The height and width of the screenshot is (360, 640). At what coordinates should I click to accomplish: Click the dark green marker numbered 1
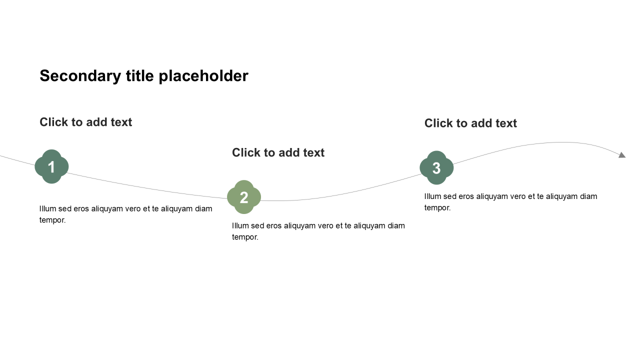click(51, 166)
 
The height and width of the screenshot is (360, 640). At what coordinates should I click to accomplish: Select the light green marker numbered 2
click(244, 197)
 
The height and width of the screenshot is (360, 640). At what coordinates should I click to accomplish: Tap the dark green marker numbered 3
click(436, 167)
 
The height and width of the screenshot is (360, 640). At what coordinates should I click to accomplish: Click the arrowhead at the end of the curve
click(622, 155)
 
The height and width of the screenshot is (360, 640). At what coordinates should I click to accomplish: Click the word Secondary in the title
click(80, 76)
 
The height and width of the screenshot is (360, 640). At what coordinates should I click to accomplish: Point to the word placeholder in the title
click(203, 76)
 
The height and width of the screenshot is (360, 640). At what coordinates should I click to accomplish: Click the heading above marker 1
click(85, 122)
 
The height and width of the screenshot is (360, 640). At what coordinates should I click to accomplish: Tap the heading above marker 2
click(278, 153)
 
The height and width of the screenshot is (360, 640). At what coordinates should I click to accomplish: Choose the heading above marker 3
click(470, 123)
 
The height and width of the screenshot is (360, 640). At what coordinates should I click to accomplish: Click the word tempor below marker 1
click(52, 220)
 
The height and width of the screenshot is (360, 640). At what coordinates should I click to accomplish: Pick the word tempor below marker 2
click(245, 237)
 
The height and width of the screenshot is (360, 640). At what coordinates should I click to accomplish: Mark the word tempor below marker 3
click(437, 208)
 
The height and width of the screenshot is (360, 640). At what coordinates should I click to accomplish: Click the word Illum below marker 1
click(47, 208)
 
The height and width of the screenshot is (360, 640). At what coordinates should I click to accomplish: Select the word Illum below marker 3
click(432, 196)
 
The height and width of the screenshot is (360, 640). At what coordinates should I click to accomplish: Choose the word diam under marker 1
click(203, 208)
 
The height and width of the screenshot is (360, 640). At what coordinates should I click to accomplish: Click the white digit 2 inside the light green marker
click(244, 197)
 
